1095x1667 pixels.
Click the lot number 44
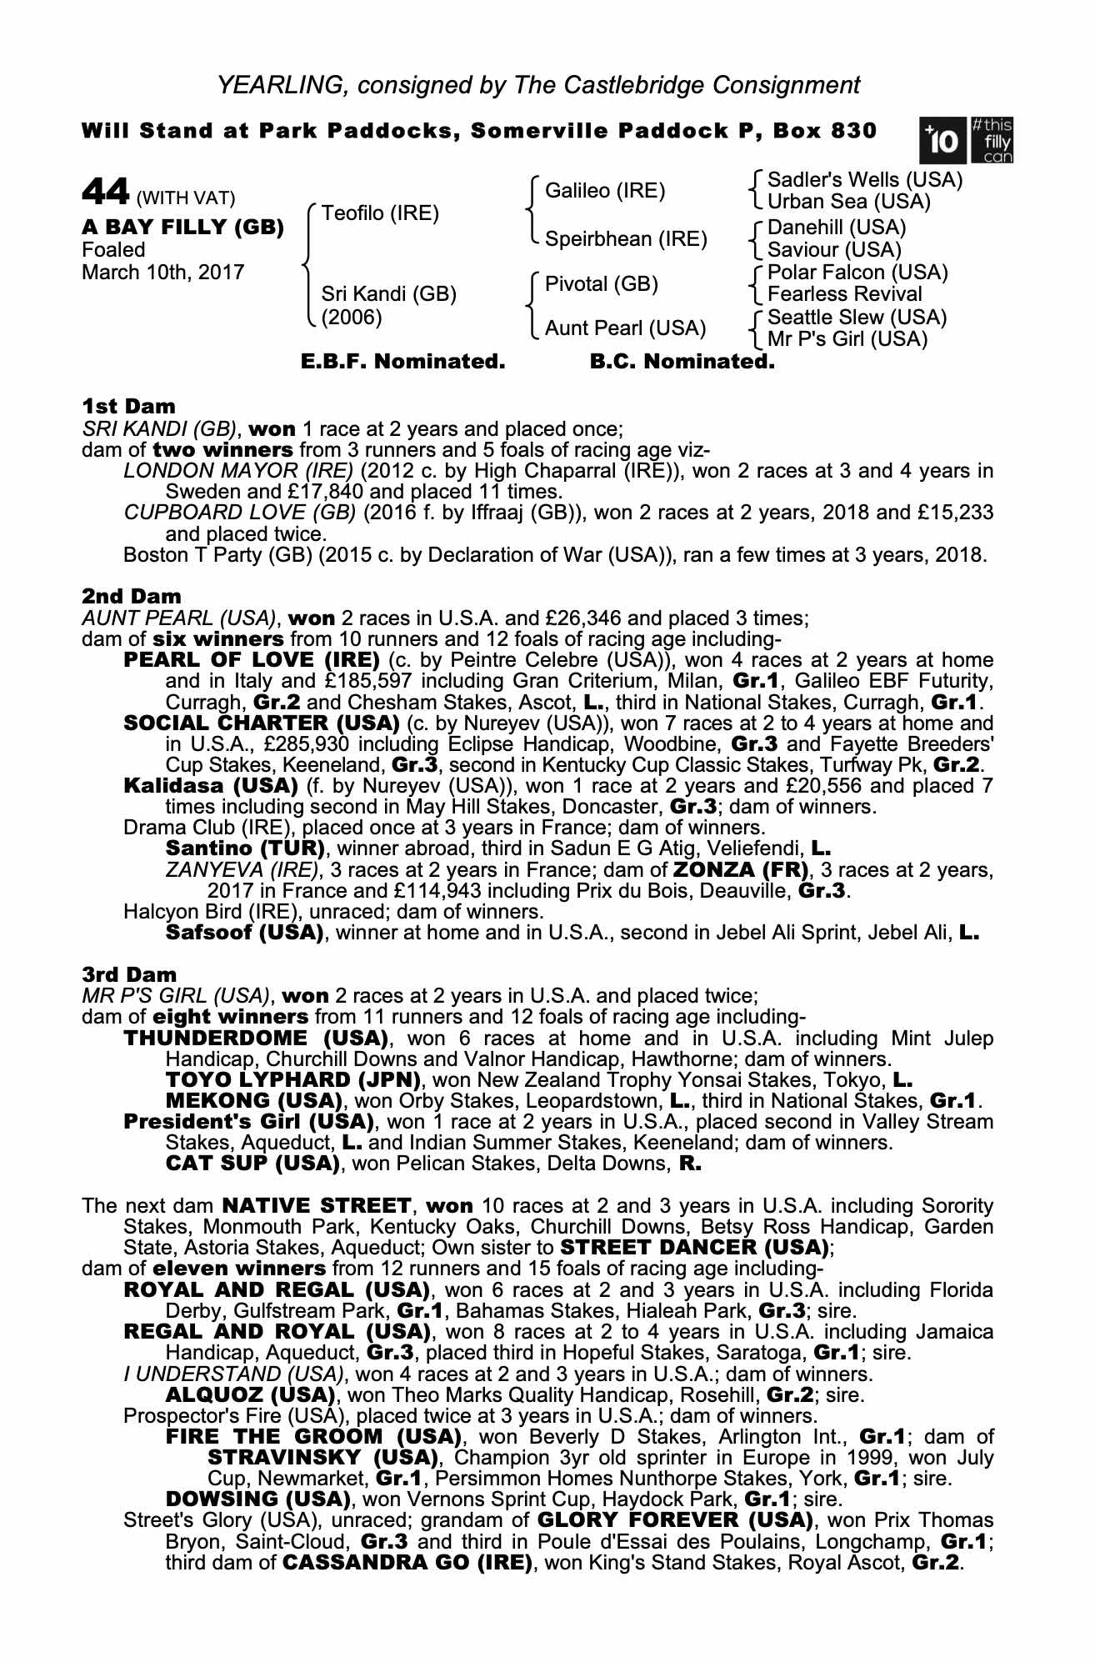(x=104, y=193)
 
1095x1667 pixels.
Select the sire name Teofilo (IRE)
(x=380, y=213)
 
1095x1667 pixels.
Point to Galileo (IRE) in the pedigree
(x=605, y=191)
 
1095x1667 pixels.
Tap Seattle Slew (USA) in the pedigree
(x=857, y=318)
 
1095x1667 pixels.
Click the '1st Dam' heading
(x=128, y=407)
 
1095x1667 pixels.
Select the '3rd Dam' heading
(x=129, y=974)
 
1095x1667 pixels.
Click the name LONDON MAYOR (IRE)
(x=238, y=471)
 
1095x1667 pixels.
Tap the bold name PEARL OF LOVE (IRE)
(x=252, y=660)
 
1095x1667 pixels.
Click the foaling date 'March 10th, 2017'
(x=163, y=273)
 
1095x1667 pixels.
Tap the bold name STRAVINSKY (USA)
(x=322, y=1458)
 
